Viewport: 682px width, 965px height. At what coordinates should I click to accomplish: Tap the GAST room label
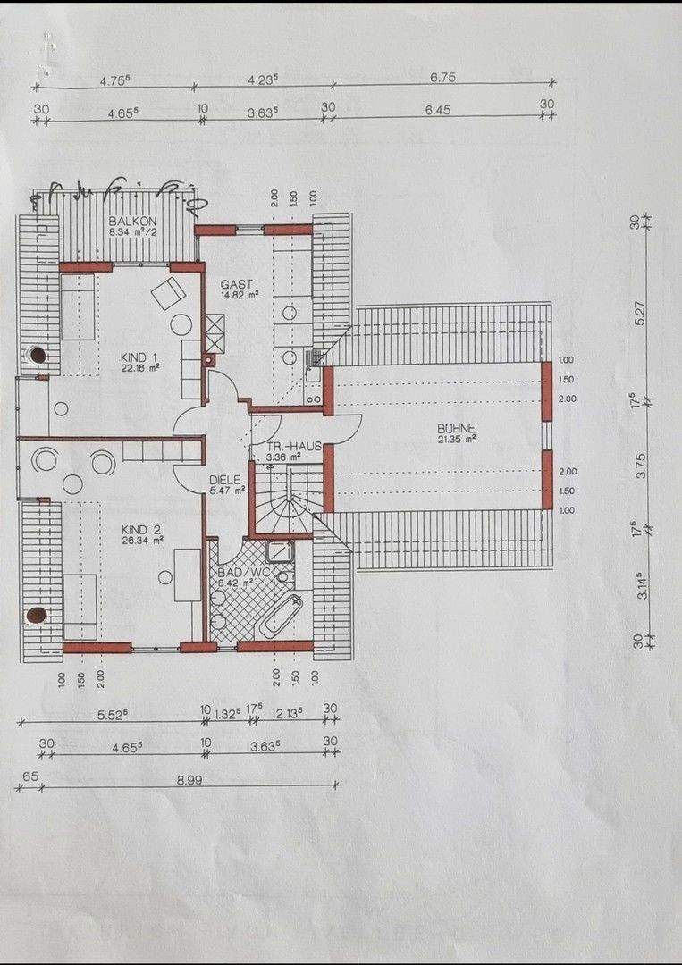click(238, 284)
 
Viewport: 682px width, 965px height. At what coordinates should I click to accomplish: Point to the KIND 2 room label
click(141, 529)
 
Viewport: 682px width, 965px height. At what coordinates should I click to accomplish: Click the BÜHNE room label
click(457, 428)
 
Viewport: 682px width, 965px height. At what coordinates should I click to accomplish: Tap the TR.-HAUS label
click(288, 446)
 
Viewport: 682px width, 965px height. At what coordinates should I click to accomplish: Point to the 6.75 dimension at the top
click(442, 78)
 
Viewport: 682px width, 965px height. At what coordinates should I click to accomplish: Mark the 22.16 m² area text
click(141, 367)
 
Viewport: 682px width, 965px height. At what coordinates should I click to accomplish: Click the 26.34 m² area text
click(143, 540)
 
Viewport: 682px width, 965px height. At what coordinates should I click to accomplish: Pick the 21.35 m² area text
click(457, 439)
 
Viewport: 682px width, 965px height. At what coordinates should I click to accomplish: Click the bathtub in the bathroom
click(281, 615)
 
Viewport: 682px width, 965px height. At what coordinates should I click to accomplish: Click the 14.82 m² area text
click(240, 294)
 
